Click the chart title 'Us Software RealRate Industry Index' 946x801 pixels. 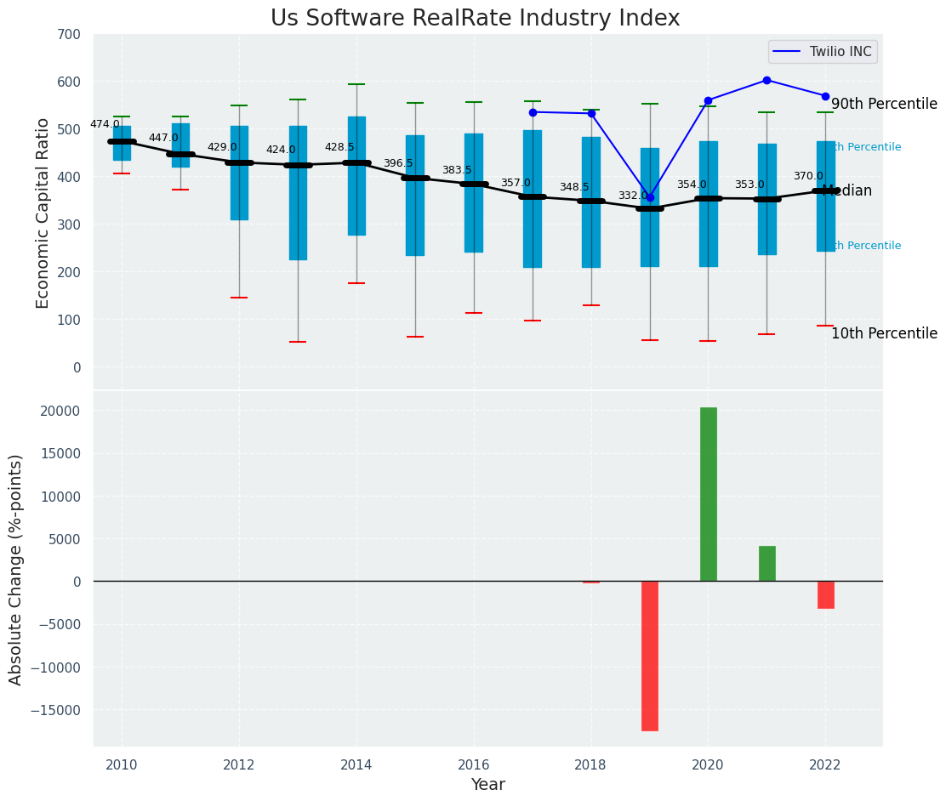[475, 19]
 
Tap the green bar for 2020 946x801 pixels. [708, 494]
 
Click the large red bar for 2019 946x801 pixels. [650, 655]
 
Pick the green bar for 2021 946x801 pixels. [766, 563]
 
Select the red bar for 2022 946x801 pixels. [825, 594]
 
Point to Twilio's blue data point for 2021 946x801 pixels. [766, 80]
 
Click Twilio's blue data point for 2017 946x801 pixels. [533, 112]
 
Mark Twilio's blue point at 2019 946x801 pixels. [650, 197]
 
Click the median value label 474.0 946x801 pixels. [105, 124]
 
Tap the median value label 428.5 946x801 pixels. [339, 147]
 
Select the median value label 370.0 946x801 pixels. [808, 176]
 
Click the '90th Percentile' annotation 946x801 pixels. [884, 104]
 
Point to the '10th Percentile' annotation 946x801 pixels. [884, 333]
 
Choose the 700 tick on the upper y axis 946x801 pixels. [69, 35]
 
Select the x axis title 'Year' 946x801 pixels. [488, 785]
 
